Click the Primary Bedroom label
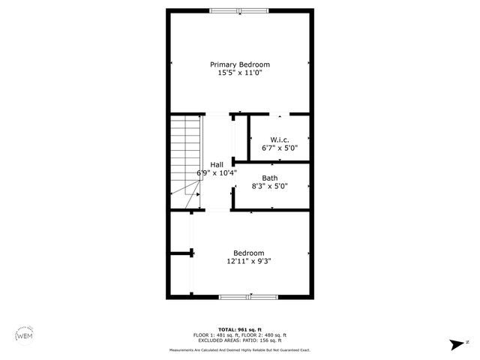[x=239, y=64]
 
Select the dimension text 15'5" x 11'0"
[x=239, y=73]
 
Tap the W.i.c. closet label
[x=280, y=139]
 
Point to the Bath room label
[x=269, y=178]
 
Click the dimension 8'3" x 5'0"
[x=269, y=187]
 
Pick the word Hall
[x=217, y=164]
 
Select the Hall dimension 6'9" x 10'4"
[x=217, y=173]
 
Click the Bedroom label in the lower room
[x=248, y=253]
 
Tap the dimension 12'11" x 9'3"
[x=248, y=262]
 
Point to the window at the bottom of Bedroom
[x=248, y=297]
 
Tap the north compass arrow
[x=455, y=344]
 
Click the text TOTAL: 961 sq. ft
[x=240, y=329]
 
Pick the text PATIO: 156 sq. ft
[x=266, y=340]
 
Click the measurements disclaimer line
[x=240, y=349]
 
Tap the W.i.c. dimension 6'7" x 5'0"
[x=280, y=148]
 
